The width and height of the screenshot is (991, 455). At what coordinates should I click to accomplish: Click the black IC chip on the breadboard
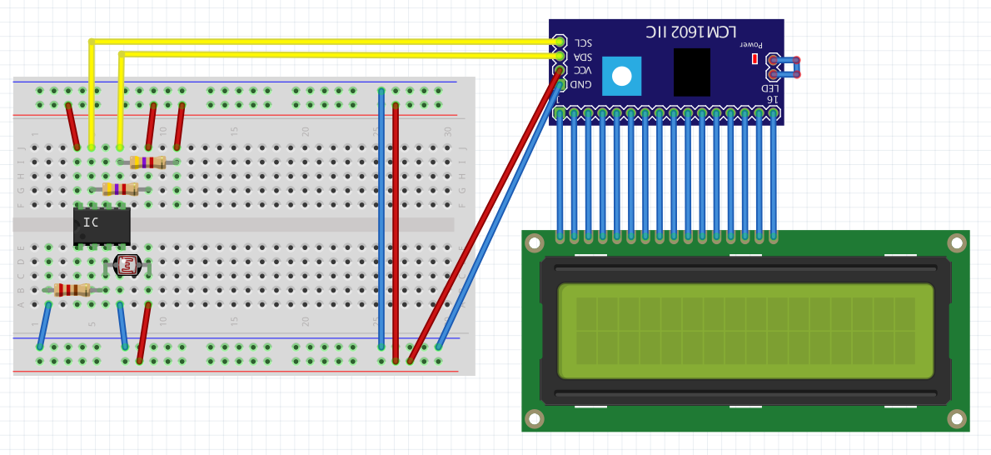tap(102, 225)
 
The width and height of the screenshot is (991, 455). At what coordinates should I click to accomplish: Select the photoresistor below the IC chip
tap(127, 266)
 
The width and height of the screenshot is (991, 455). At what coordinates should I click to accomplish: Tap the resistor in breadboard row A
tap(72, 290)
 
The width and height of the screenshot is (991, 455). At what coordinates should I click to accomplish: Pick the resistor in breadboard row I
tap(147, 162)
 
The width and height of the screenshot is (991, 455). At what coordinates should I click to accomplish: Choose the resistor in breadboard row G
tap(120, 189)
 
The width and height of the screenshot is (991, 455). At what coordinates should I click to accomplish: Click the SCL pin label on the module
tap(584, 42)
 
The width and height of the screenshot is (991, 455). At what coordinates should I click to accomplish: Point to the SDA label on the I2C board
tap(583, 57)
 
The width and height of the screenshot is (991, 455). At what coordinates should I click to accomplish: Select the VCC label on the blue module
tap(583, 70)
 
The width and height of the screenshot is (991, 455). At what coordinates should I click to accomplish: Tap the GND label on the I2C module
tap(581, 84)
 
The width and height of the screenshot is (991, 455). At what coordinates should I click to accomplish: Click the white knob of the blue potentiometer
tap(622, 77)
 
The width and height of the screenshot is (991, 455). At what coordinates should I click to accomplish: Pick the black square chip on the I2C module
tap(692, 72)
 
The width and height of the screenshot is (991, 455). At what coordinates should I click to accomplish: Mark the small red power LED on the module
tap(754, 58)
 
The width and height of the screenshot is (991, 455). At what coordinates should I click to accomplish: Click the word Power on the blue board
tap(752, 43)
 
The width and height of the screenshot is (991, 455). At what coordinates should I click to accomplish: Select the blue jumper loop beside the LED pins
tap(786, 67)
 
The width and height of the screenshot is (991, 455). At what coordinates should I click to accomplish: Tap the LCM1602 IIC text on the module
tap(691, 32)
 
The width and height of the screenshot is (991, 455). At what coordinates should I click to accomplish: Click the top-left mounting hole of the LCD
tap(535, 243)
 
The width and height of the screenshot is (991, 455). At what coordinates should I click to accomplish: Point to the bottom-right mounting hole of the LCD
tap(957, 418)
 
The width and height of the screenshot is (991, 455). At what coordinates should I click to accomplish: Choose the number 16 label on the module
tap(772, 99)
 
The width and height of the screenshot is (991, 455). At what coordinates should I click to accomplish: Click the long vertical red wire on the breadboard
tap(396, 225)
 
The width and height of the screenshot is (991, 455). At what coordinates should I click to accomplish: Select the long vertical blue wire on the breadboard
tap(381, 217)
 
